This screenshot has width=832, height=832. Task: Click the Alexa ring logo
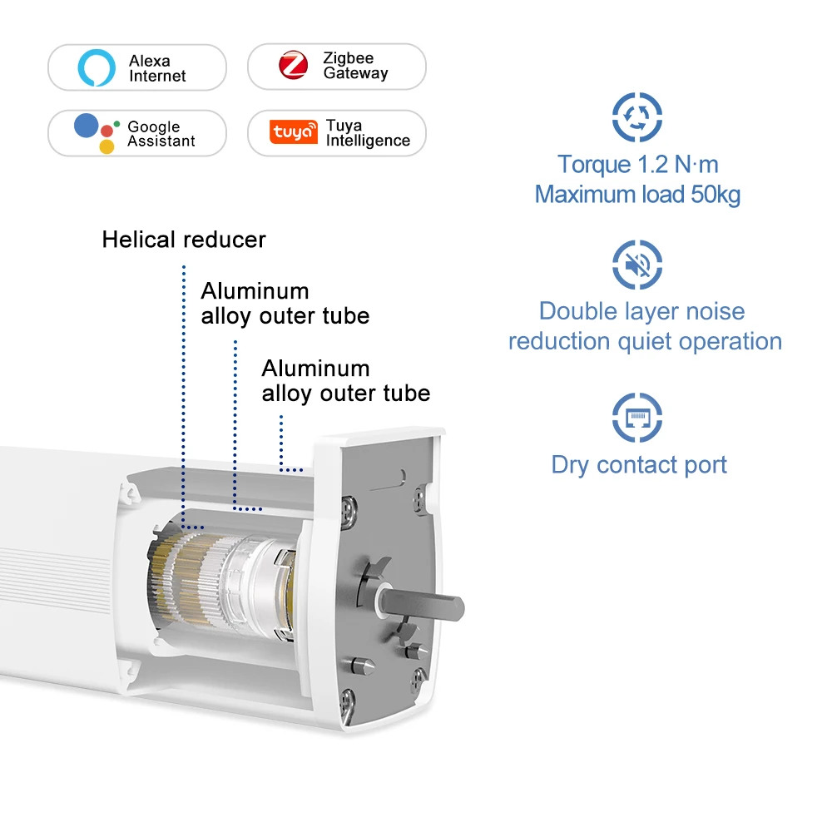pos(97,67)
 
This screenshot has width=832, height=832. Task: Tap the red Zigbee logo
pos(293,66)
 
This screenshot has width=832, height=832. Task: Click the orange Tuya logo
pos(294,132)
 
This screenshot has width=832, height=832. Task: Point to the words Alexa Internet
pos(157,68)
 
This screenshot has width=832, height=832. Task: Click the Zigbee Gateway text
pos(355,66)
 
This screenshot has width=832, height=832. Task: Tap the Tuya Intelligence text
pos(368,133)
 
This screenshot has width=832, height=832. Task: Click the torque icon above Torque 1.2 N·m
pos(637,116)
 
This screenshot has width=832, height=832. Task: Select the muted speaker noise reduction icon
pos(637,265)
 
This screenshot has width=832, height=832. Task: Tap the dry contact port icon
pos(637,417)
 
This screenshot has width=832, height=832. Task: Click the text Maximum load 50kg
pos(637,195)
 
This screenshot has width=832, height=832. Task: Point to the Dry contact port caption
pos(639,464)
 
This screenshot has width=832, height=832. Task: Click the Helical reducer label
pos(184,240)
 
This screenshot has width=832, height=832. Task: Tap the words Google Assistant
pos(161,134)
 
